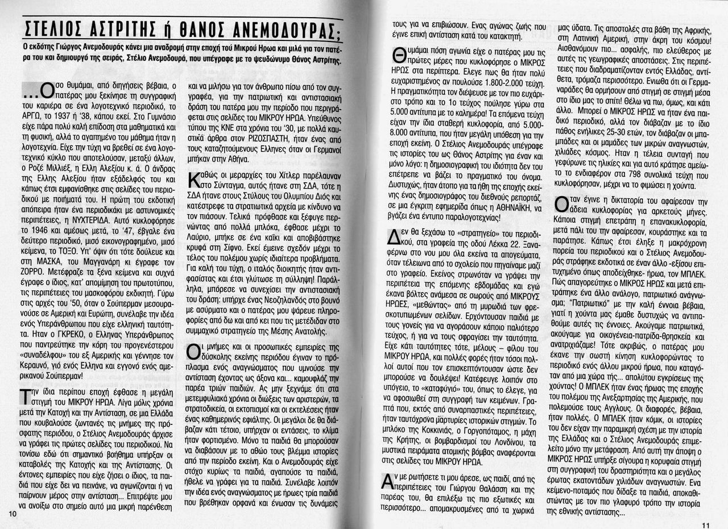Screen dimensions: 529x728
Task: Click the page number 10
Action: pos(14,513)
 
